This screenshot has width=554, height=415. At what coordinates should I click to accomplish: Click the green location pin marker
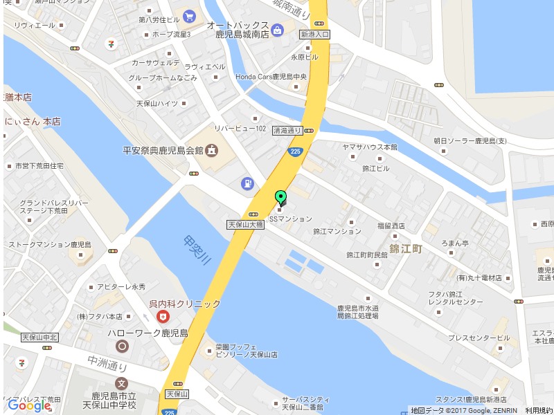[280, 196]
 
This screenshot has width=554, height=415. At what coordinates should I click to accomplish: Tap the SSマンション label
[290, 219]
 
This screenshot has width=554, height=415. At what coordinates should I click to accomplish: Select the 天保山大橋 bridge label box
[245, 225]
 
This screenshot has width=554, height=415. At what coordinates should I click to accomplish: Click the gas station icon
[247, 183]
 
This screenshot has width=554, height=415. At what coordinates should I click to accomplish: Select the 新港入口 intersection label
[315, 34]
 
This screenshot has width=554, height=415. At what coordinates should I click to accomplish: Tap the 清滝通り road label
[287, 130]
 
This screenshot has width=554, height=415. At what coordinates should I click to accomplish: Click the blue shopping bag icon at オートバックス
[277, 30]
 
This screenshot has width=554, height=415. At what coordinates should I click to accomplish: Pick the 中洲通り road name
[107, 362]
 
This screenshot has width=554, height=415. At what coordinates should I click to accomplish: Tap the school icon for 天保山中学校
[122, 383]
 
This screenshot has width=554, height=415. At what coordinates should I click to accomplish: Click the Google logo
[28, 405]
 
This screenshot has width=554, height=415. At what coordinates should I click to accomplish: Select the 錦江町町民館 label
[366, 255]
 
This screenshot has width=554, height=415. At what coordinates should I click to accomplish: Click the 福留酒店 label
[391, 225]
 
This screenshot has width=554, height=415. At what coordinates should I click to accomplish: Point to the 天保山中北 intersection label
[39, 338]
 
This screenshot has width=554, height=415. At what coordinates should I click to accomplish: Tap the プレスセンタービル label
[479, 338]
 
